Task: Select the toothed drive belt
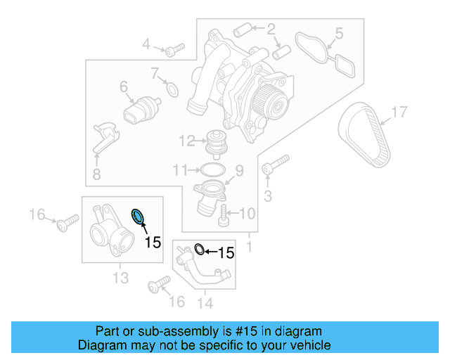point(364,137)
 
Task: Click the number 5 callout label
point(338,32)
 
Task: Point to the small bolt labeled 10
point(223,215)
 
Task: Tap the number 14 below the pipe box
point(205,303)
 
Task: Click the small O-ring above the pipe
point(199,249)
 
